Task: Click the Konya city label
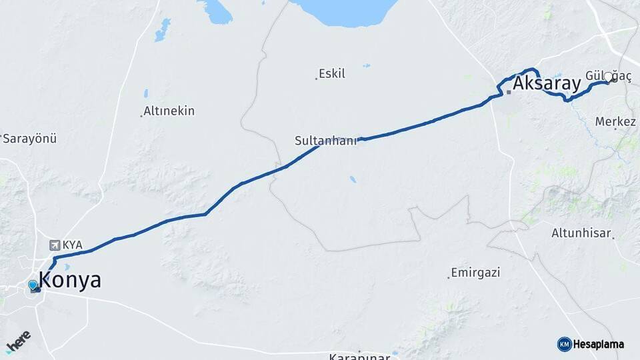point(70,280)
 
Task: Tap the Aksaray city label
point(547,83)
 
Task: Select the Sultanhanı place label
point(325,141)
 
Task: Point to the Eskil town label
point(332,73)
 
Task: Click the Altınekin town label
point(169,111)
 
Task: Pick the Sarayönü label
point(30,139)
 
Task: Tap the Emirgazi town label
point(475,273)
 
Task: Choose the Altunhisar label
point(581,233)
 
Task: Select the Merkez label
point(615,122)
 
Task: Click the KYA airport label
point(73,245)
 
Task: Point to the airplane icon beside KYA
point(55,245)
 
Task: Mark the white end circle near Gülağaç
point(608,79)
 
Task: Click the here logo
point(18,341)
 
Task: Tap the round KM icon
point(564,344)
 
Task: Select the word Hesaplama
point(599,345)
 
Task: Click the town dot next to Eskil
point(316,79)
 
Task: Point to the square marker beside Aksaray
point(509,91)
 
